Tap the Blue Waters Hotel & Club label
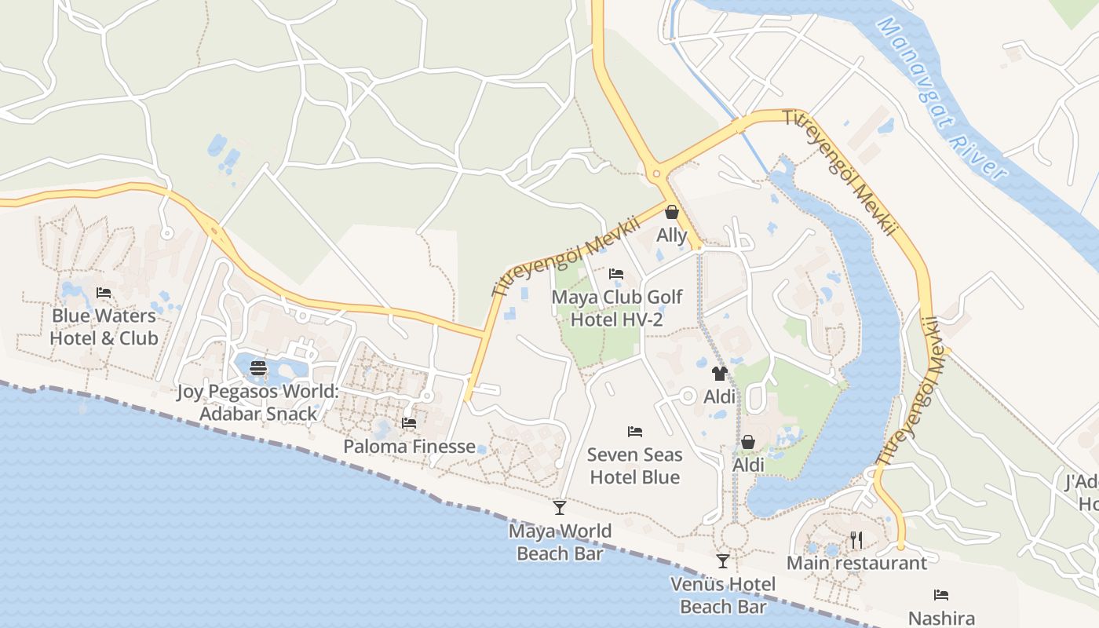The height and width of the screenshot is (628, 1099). click(104, 327)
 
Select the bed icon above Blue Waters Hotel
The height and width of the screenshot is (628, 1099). click(104, 293)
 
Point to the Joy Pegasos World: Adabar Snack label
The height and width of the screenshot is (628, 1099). click(258, 403)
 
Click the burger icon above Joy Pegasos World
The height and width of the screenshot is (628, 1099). click(258, 368)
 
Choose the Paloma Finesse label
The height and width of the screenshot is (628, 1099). click(409, 447)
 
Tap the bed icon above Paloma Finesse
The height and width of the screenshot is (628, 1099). click(409, 423)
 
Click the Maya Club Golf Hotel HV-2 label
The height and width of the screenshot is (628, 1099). click(617, 309)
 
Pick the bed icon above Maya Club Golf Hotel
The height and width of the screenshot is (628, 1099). click(616, 274)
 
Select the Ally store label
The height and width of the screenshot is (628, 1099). click(672, 235)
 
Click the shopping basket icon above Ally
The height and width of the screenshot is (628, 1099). click(672, 212)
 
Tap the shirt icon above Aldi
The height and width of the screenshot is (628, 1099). click(720, 374)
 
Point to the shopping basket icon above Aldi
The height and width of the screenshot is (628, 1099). click(748, 443)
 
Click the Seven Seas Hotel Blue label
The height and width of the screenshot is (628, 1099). click(635, 466)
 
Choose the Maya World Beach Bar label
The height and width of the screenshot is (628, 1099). click(560, 542)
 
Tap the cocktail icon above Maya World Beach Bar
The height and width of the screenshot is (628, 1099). click(560, 508)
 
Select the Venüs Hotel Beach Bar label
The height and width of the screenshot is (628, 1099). click(723, 595)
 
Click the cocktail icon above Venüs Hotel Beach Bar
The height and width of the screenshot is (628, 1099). click(723, 561)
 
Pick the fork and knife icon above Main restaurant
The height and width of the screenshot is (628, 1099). click(856, 540)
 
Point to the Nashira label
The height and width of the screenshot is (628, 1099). click(941, 618)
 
